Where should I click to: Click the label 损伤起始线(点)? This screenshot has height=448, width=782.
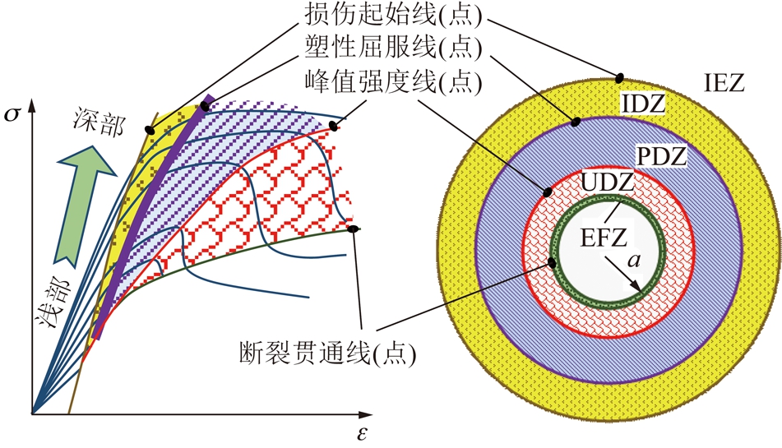(x=394, y=17)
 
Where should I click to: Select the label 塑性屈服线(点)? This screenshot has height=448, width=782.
(x=394, y=48)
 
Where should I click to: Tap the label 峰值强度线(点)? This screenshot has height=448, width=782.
(x=394, y=82)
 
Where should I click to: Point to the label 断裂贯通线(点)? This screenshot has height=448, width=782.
(x=327, y=354)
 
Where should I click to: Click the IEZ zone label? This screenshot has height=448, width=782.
(x=724, y=83)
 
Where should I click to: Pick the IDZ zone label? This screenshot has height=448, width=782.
(x=643, y=104)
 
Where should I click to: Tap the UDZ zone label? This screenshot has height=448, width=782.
(x=607, y=182)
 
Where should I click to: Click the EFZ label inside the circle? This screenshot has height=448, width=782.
(x=603, y=238)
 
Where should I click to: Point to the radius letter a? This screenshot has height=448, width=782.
(x=633, y=260)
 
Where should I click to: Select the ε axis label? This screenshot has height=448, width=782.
(x=362, y=433)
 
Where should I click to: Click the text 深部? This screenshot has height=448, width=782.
(x=98, y=122)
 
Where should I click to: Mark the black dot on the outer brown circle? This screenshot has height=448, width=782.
(x=619, y=77)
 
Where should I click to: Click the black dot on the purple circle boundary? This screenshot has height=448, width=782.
(x=576, y=121)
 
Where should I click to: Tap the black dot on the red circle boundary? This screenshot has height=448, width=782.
(x=547, y=192)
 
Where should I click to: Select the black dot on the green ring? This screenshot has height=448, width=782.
(x=552, y=262)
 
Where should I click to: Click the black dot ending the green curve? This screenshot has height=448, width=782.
(x=353, y=229)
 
